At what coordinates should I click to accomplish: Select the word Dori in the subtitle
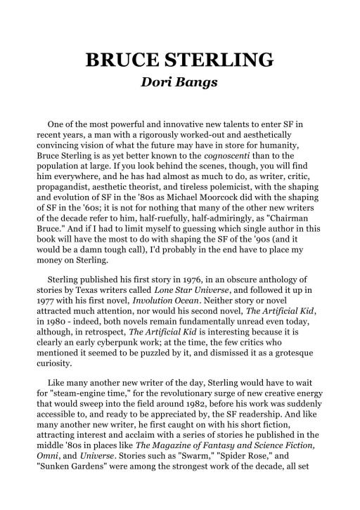(x=159, y=83)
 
